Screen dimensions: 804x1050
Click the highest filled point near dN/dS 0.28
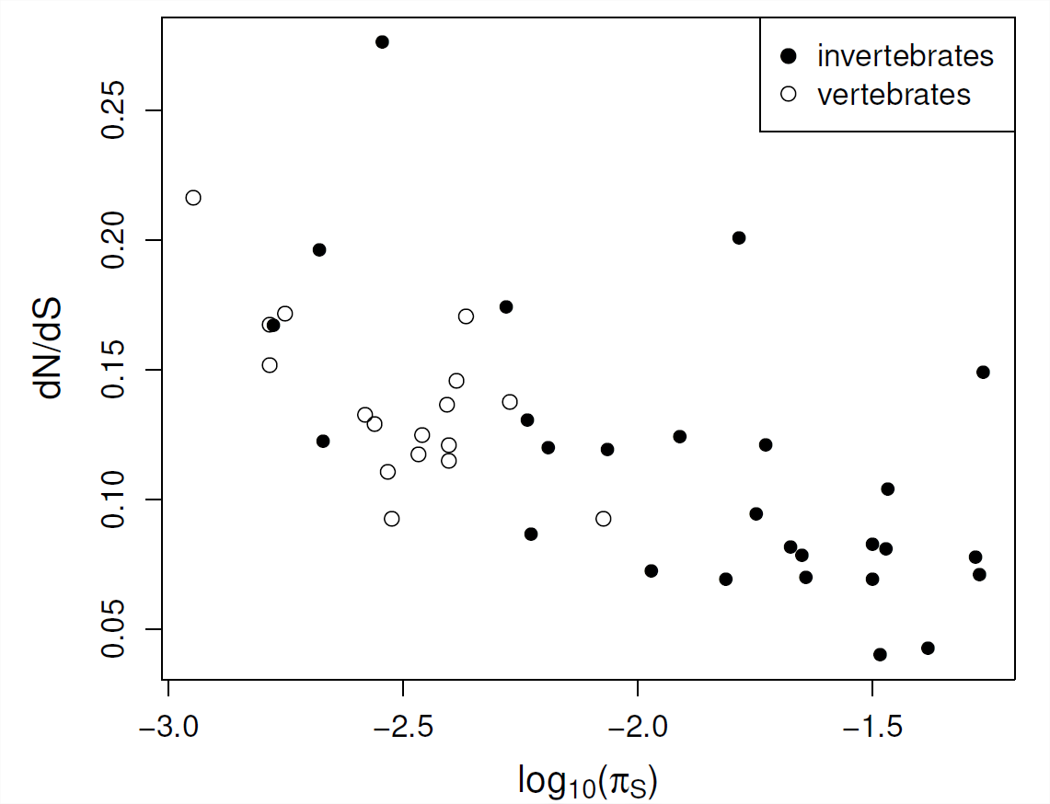(x=382, y=41)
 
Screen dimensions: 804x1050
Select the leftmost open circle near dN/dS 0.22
(x=193, y=198)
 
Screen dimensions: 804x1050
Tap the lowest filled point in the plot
(x=880, y=655)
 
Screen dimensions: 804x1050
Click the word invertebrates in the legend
(x=906, y=56)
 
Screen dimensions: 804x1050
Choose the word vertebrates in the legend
(x=894, y=95)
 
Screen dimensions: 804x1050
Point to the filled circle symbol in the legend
(x=788, y=56)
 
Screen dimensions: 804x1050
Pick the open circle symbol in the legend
(x=788, y=95)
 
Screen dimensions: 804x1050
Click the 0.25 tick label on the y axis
(x=114, y=110)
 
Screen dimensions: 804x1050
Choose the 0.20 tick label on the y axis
(x=114, y=240)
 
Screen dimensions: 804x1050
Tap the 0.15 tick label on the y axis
(x=114, y=370)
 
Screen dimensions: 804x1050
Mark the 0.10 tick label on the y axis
(x=114, y=500)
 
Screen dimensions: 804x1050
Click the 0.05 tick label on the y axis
(x=114, y=629)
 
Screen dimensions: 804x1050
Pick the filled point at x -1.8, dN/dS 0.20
(x=739, y=237)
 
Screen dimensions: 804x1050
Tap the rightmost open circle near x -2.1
(x=604, y=519)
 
